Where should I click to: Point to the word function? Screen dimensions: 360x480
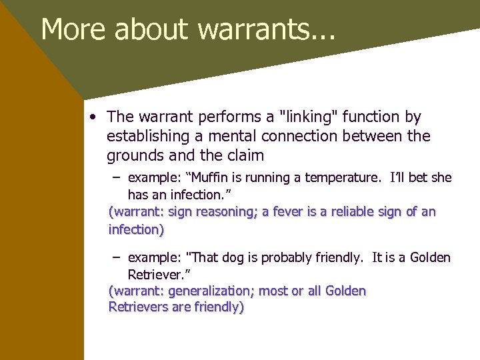pos(373,117)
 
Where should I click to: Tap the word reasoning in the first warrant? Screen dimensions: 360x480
pos(223,212)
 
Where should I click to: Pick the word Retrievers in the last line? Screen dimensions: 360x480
pos(140,307)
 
